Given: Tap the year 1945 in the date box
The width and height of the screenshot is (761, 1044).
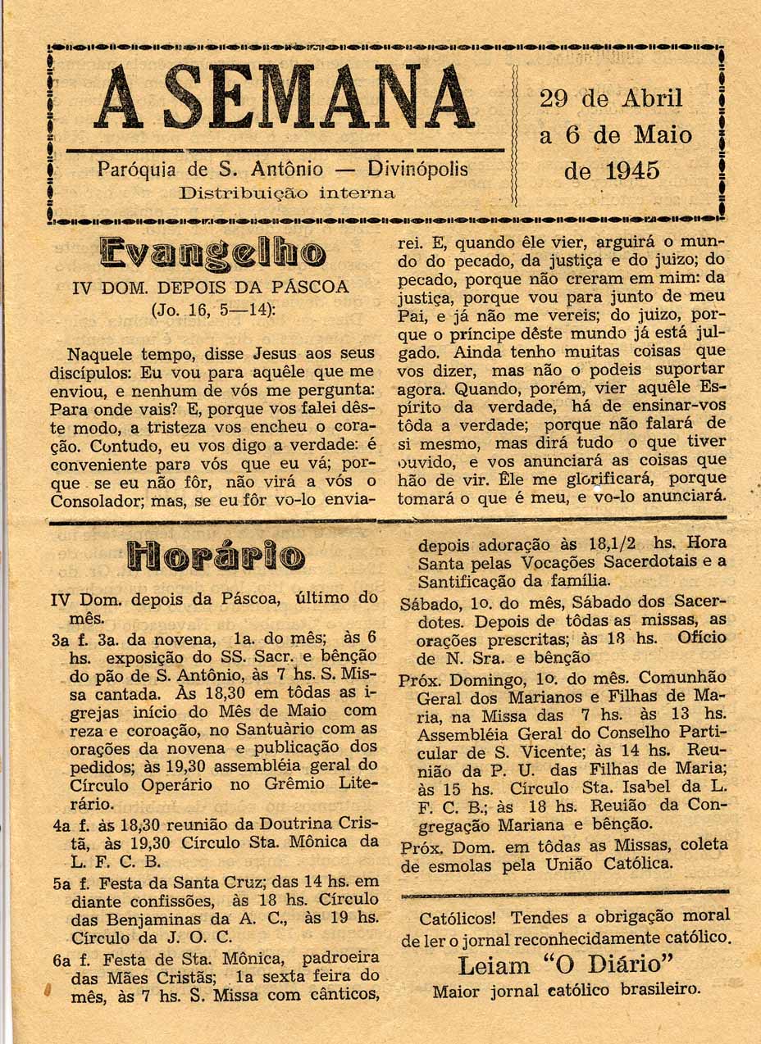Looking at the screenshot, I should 632,171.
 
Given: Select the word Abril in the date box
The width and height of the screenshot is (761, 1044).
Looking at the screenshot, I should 653,98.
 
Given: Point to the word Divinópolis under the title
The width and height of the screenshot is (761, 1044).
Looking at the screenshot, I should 417,170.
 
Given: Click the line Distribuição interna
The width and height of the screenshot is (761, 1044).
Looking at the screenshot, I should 287,194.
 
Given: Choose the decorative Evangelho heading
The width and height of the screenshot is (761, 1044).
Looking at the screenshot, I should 212,252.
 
